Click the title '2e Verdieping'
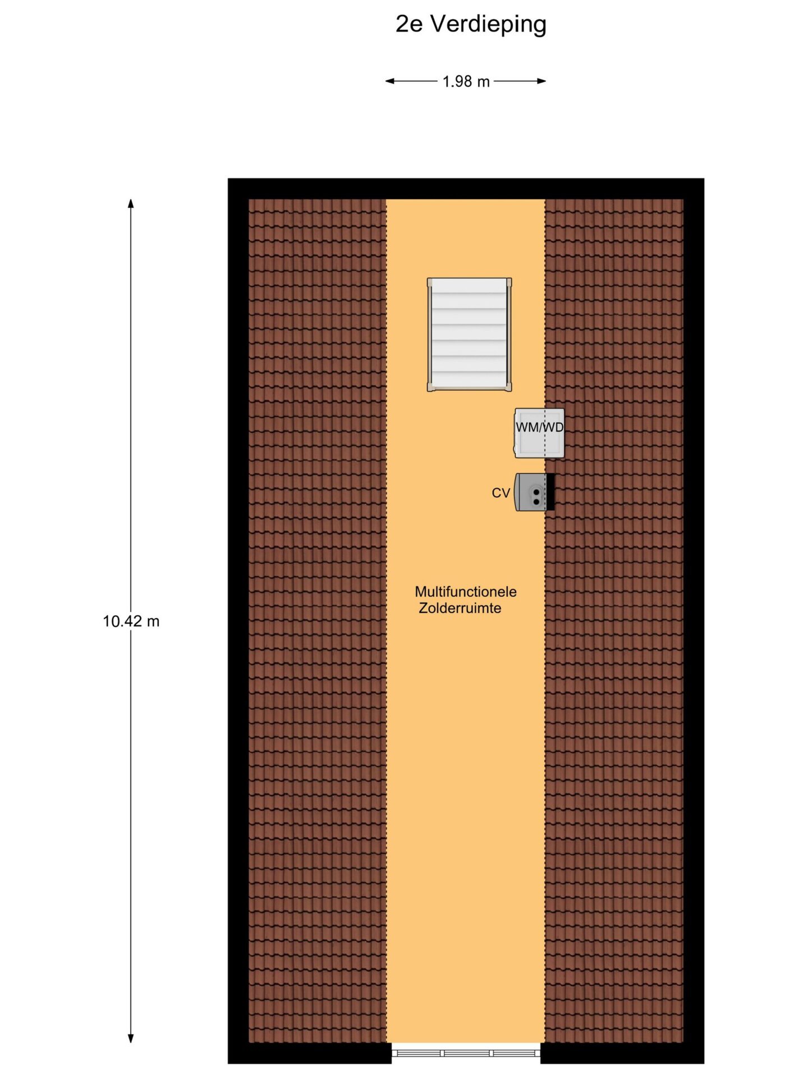[471, 24]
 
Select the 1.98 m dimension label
[466, 82]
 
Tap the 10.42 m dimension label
[131, 622]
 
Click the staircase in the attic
[469, 334]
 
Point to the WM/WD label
[540, 427]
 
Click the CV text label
[501, 493]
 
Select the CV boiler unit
[530, 492]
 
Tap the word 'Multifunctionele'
[466, 592]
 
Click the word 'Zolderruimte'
[460, 608]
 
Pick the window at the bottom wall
[466, 1053]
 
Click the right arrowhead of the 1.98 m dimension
[541, 81]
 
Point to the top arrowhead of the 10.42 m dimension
[131, 203]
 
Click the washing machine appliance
[540, 433]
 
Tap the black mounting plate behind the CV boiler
[550, 492]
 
